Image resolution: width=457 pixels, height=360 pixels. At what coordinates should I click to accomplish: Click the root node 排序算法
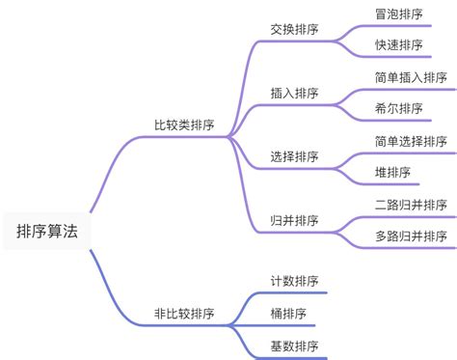47,232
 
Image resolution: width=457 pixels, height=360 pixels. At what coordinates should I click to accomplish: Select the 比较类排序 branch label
184,125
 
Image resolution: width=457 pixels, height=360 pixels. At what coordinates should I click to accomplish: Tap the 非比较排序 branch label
184,314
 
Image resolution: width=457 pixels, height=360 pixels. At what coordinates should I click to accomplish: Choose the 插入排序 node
295,94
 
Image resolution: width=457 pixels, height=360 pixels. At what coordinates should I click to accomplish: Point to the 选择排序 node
295,156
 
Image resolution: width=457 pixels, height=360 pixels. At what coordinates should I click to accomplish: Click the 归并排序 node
295,220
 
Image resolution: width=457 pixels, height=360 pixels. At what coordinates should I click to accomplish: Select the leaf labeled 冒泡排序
398,14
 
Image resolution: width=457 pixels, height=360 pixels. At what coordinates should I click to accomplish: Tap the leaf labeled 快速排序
398,45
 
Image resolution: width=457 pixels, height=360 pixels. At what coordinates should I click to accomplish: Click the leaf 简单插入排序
411,77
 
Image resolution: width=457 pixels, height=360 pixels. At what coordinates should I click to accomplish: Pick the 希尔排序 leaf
398,108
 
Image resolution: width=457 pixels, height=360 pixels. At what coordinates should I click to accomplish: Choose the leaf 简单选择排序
411,141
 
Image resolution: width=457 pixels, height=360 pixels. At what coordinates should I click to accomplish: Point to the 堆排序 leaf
392,172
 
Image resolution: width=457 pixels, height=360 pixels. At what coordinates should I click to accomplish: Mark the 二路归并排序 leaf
411,205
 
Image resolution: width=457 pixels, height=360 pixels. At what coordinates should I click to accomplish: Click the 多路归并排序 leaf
411,235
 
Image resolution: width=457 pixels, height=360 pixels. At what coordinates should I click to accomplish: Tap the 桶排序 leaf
289,313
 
